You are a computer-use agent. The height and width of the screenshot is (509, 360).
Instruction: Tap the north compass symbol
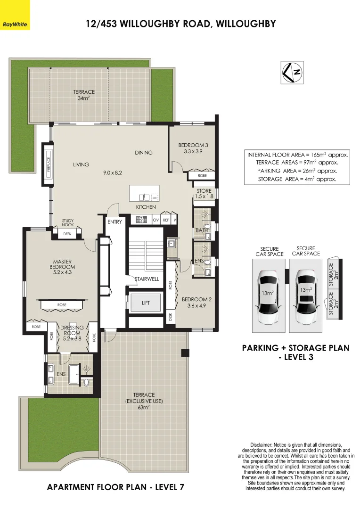[x=292, y=73]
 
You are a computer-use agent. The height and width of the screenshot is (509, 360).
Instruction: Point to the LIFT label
[x=146, y=304]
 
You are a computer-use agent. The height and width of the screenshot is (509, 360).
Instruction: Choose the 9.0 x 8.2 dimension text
[x=113, y=173]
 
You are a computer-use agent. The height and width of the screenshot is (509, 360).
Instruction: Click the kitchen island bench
[x=144, y=193]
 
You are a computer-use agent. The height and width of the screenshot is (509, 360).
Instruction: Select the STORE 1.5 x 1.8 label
[x=204, y=194]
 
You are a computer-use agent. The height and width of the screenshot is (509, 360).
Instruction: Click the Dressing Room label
[x=72, y=333]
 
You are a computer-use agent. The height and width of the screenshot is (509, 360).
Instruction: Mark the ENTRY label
[x=115, y=222]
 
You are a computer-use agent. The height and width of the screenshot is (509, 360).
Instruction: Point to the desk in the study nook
[x=67, y=233]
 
